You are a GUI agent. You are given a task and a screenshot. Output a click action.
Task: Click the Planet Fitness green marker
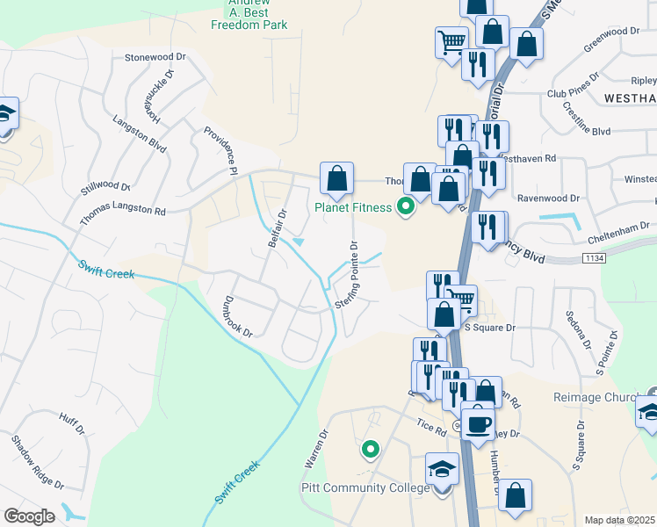point(406,207)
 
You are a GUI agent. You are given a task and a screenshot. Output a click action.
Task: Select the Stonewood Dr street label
point(156,56)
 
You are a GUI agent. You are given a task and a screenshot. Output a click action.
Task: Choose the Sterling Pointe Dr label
point(346,274)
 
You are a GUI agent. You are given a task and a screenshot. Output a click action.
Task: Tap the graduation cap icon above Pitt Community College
point(442,467)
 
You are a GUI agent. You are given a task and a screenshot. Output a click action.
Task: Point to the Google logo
point(30,516)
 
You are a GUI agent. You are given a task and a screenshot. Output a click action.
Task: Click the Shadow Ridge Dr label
point(38,462)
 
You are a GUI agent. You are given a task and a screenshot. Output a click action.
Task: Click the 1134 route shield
point(595,257)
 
